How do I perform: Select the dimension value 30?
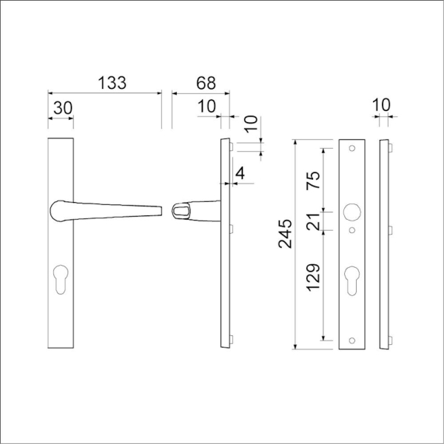point(63,108)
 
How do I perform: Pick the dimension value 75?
point(314,181)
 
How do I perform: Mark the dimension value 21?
point(314,222)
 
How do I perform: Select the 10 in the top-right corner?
point(380,106)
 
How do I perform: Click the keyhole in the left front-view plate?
point(61,281)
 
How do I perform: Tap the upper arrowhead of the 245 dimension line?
point(296,142)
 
